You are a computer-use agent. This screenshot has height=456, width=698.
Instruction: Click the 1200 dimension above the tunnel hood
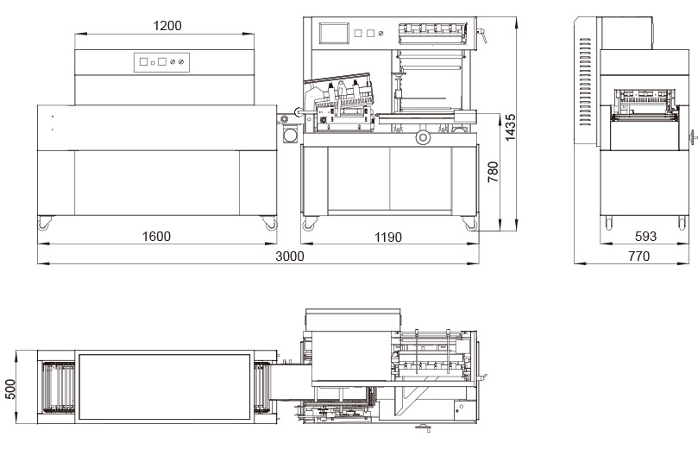(x=167, y=26)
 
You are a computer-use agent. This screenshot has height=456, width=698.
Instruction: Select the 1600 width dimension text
(x=156, y=237)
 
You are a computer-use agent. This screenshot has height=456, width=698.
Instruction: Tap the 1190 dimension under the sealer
(x=387, y=237)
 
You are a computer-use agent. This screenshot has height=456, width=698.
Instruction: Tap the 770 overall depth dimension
(x=639, y=256)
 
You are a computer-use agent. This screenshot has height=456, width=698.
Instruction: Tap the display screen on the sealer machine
(x=332, y=34)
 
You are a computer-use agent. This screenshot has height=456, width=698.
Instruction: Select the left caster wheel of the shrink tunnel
(x=42, y=224)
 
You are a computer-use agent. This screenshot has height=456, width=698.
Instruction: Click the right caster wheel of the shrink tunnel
(x=272, y=224)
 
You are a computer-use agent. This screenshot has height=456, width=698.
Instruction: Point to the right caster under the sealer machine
(x=470, y=224)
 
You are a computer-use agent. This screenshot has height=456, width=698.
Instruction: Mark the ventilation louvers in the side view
(x=587, y=86)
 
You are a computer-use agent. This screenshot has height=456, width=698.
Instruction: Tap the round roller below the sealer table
(x=423, y=138)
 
